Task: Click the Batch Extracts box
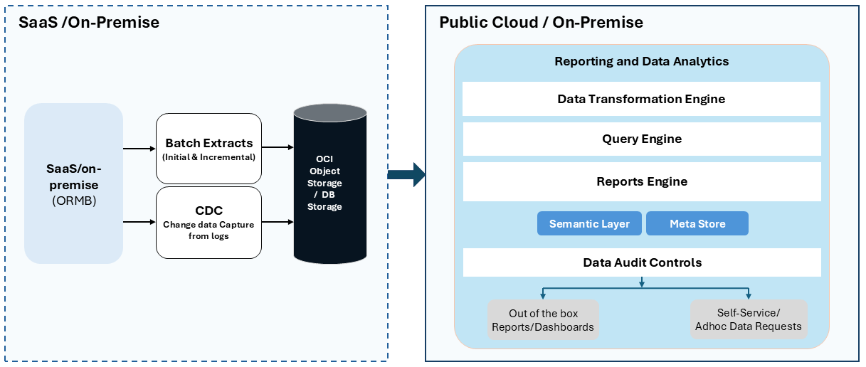(208, 149)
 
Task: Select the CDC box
(208, 222)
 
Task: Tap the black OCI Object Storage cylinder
(329, 183)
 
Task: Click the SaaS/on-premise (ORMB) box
(73, 183)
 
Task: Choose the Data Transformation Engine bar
(641, 99)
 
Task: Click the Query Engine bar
(641, 139)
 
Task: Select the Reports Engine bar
(641, 181)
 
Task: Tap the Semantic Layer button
(589, 223)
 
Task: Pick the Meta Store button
(697, 223)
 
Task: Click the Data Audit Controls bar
(641, 262)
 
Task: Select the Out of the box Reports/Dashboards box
(543, 319)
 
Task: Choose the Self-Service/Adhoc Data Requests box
(749, 319)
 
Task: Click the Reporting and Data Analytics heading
(641, 61)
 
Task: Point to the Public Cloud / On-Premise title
(541, 22)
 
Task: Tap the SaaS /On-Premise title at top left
(88, 23)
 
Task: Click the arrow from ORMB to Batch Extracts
(139, 149)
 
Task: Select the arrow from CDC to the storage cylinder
(278, 222)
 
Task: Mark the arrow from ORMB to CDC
(139, 222)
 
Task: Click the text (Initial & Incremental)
(208, 157)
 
